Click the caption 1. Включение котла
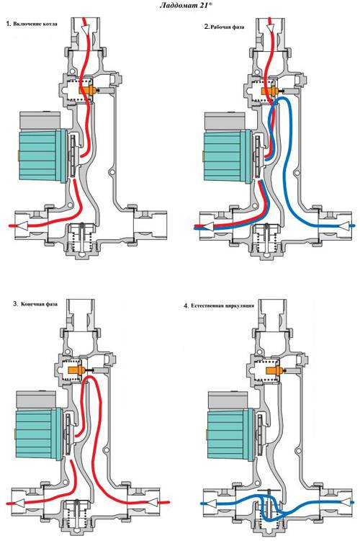tap(32, 24)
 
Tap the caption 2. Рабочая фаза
tap(224, 27)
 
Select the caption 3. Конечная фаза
tap(35, 304)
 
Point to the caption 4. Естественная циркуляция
tap(220, 305)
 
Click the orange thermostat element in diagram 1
tap(87, 90)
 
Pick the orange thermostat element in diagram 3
tap(77, 370)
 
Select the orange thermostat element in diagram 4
tap(275, 372)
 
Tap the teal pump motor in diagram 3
tap(39, 434)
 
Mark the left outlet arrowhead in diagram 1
tap(22, 225)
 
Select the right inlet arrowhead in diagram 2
tap(345, 225)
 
